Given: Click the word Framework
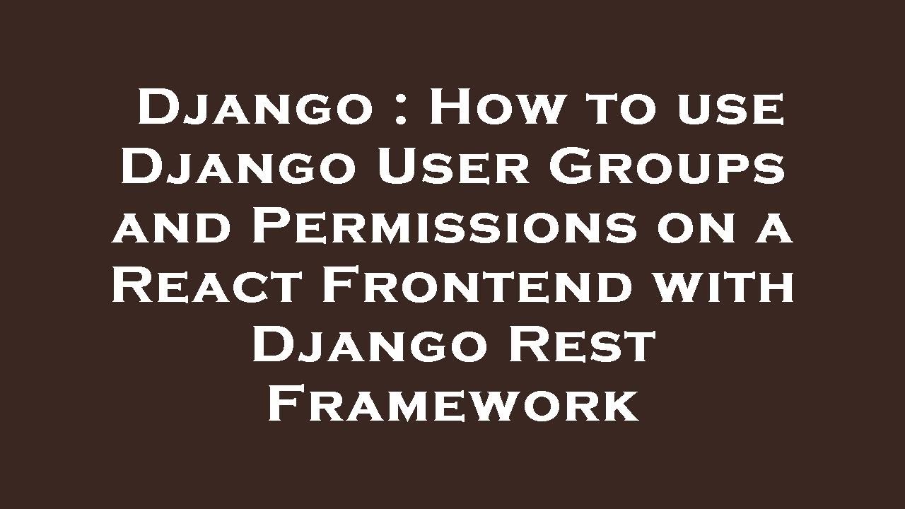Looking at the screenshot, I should click(x=452, y=406).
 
